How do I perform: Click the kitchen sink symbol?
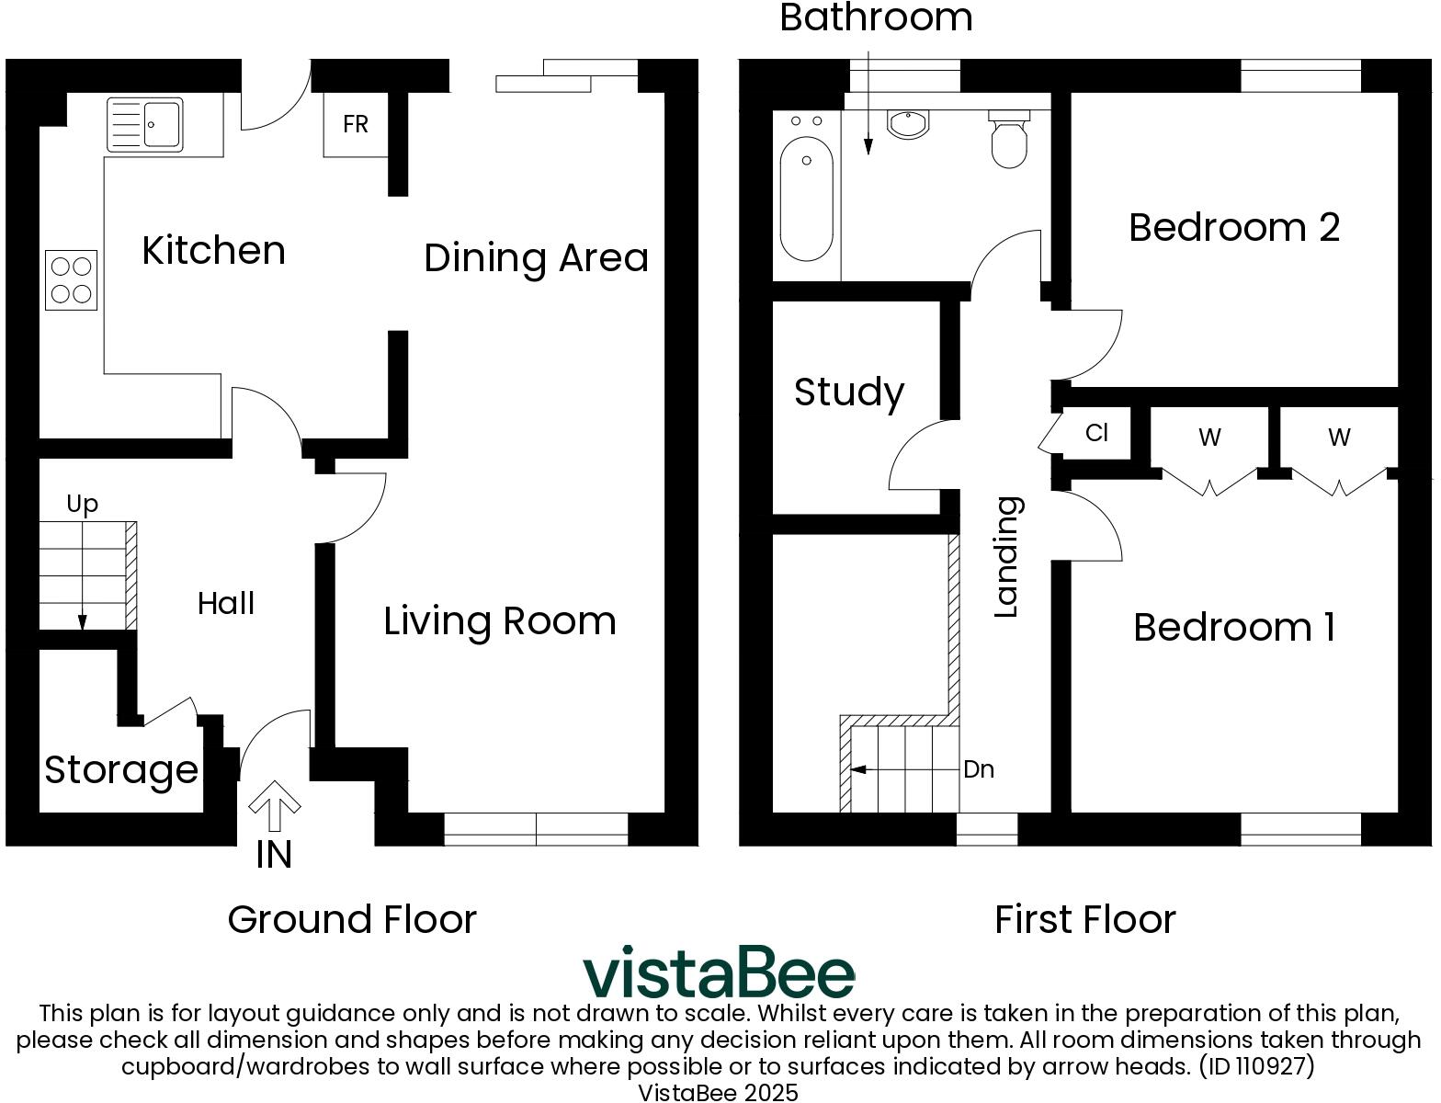[145, 124]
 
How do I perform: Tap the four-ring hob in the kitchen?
[72, 280]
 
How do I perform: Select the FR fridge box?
[356, 124]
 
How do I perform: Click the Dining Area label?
[536, 258]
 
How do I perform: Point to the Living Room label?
[500, 621]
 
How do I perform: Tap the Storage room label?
[121, 770]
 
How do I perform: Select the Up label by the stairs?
[83, 504]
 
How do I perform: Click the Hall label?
[226, 604]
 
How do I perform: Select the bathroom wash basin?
[910, 124]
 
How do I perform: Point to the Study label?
[849, 392]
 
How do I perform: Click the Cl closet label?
[1096, 433]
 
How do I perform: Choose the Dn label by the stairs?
[979, 769]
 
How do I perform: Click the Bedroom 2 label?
[1234, 227]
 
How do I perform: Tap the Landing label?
[1008, 557]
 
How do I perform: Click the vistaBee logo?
[719, 972]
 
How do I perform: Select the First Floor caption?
[1084, 920]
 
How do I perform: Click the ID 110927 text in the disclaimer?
[1256, 1066]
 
